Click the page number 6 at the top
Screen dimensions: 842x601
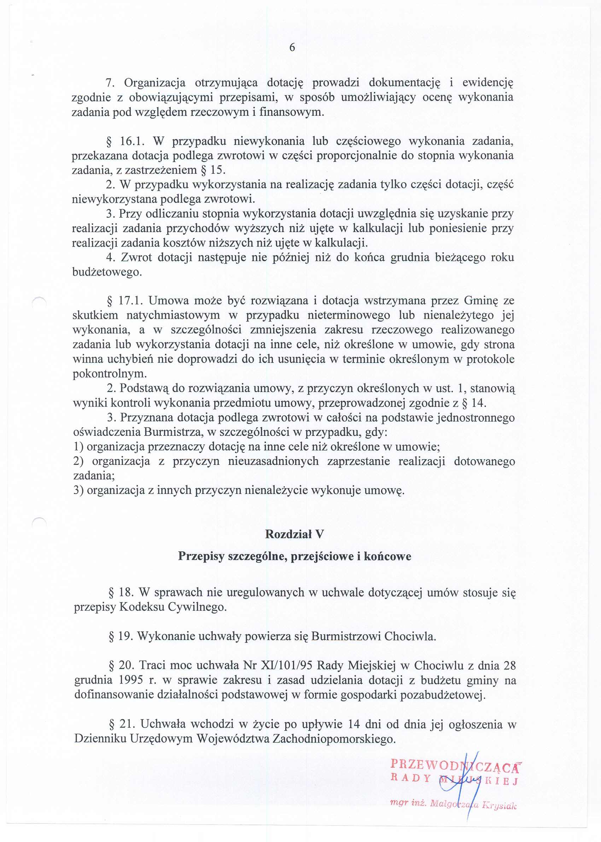click(292, 48)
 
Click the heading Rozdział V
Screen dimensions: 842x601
click(294, 534)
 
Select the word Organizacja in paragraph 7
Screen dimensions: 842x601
click(154, 82)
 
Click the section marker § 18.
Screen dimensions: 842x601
click(120, 593)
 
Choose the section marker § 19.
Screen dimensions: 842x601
click(120, 636)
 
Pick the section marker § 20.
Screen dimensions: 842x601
click(121, 665)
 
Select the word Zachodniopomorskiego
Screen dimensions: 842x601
click(334, 739)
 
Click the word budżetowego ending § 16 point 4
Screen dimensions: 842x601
click(106, 272)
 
